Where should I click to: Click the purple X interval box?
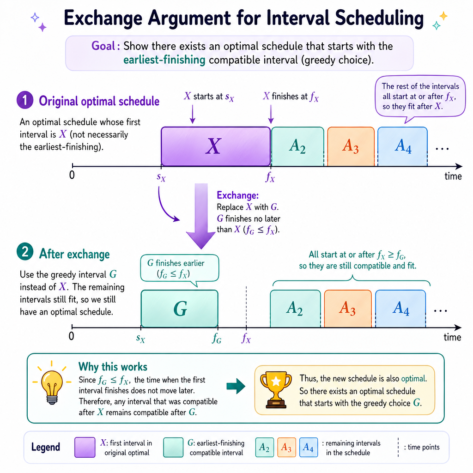pos(216,146)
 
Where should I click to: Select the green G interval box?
pos(180,309)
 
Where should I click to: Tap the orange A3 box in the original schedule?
pos(351,146)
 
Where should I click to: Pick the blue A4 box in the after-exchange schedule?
pos(400,309)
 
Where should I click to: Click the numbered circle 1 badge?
pos(25,100)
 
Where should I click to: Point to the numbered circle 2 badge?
pos(25,252)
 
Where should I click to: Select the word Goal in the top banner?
pos(103,46)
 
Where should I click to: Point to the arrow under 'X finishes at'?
pos(271,114)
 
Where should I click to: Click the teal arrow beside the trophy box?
pos(236,386)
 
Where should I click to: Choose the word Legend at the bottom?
pos(46,447)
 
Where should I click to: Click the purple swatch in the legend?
pos(85,447)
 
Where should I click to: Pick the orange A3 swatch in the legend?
pos(286,447)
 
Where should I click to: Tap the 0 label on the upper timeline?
pos(72,175)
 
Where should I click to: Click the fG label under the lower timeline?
pos(217,339)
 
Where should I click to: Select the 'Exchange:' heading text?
pos(238,195)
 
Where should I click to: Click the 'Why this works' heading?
pos(113,367)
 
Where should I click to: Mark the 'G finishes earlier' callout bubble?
pos(180,268)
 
